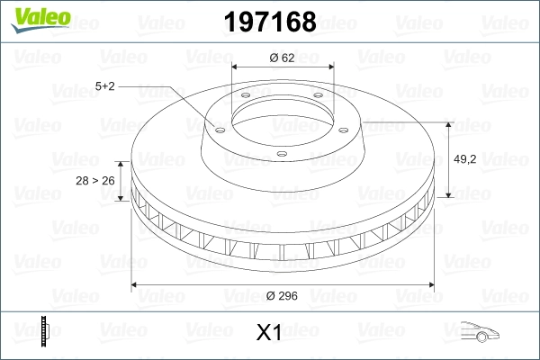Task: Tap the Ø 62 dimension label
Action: (x=283, y=58)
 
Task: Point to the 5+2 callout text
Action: (x=104, y=86)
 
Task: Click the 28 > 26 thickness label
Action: (x=95, y=181)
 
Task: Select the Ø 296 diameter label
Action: (x=283, y=295)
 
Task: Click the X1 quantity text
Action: (x=269, y=332)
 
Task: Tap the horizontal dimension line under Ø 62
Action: (x=283, y=67)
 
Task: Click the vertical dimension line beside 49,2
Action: (x=448, y=160)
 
